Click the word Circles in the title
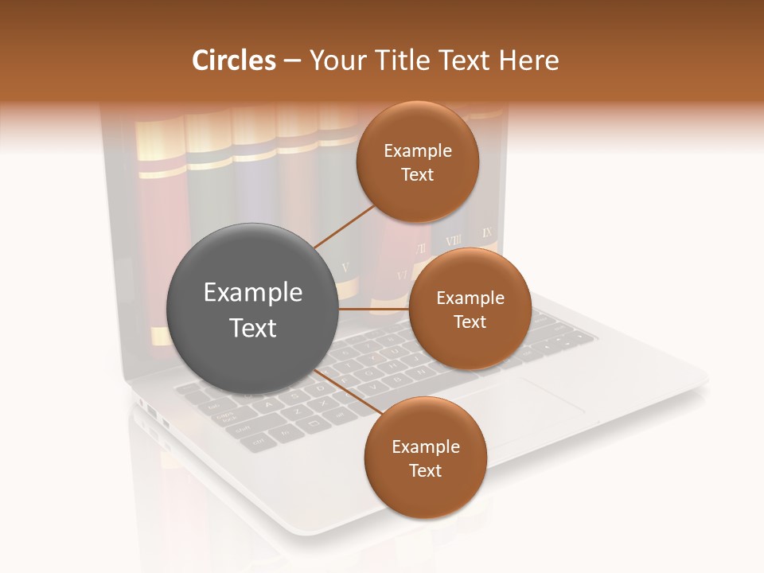(233, 60)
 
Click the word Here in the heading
(528, 60)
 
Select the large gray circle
(252, 309)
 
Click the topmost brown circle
(417, 162)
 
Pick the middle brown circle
(470, 309)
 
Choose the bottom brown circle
(425, 458)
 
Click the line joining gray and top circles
(344, 226)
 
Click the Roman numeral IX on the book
(487, 233)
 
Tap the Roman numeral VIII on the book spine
(453, 240)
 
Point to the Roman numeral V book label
(345, 267)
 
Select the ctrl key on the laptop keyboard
(258, 440)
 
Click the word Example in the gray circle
(252, 293)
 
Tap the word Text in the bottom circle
(425, 470)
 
